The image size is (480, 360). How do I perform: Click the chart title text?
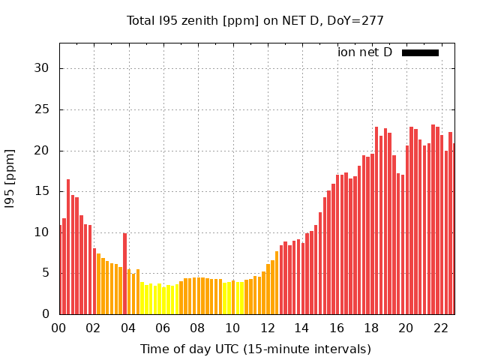(255, 21)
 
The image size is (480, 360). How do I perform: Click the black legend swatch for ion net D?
(420, 52)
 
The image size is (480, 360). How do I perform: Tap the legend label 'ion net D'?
(364, 52)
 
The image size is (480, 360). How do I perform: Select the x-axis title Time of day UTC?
(255, 349)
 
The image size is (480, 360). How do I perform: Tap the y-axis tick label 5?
(46, 273)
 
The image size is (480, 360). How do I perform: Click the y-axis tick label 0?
(46, 314)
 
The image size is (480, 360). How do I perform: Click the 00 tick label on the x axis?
(59, 328)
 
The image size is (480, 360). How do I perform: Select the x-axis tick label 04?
(128, 328)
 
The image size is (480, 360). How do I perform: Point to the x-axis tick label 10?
(232, 328)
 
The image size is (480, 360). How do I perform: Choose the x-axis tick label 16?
(337, 328)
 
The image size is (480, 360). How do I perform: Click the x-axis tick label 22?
(441, 328)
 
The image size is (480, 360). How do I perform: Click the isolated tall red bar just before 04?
(124, 274)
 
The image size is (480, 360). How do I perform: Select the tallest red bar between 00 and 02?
(68, 247)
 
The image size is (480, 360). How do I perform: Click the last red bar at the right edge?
(454, 229)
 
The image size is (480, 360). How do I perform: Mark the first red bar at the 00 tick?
(60, 270)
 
